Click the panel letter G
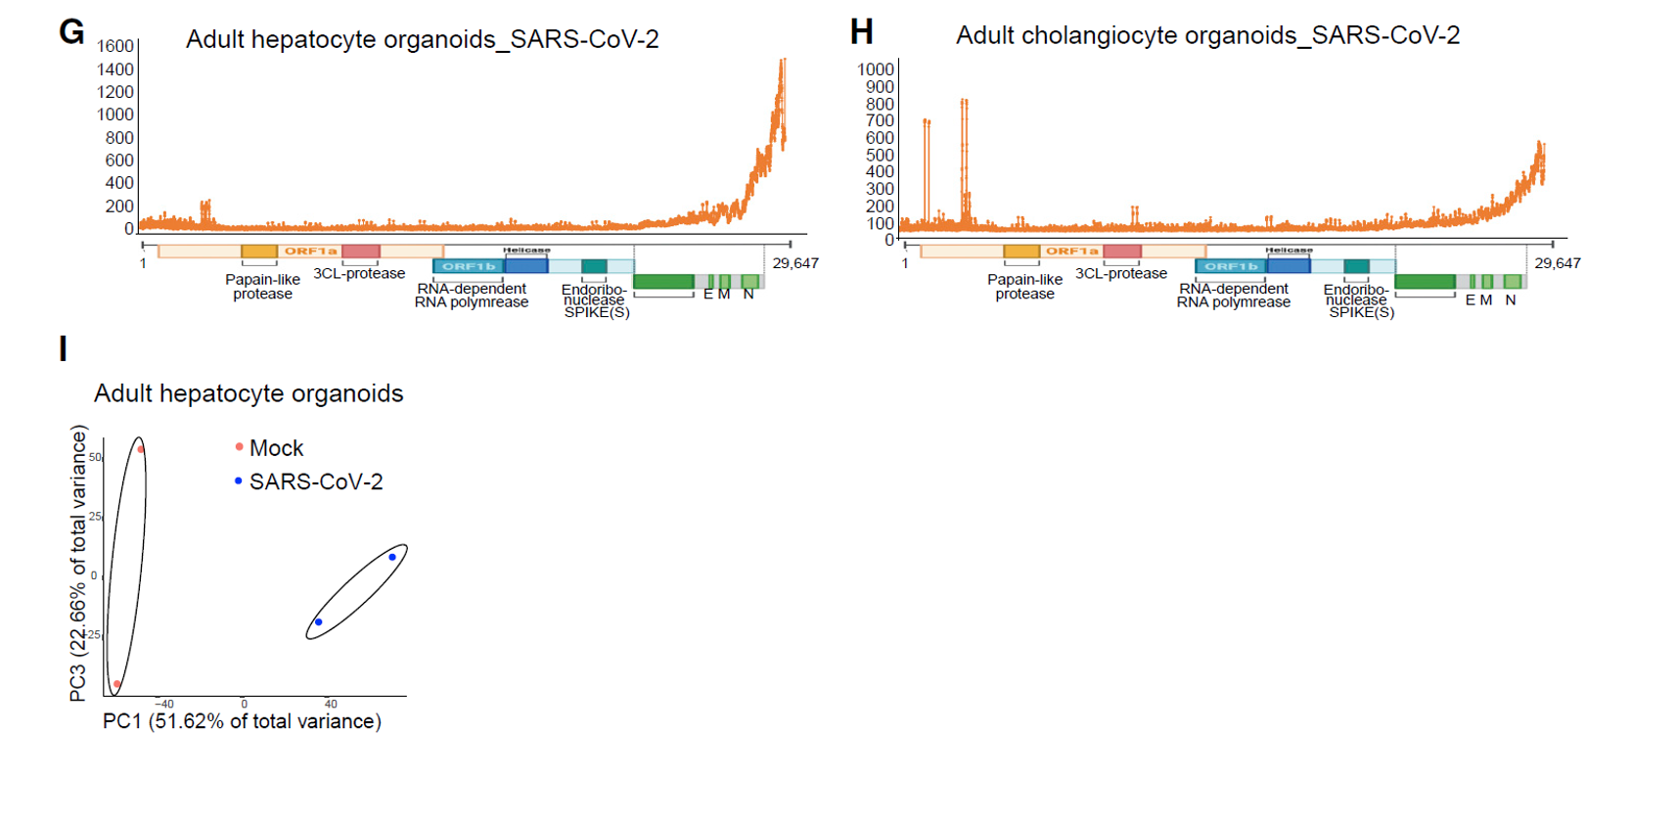coord(71,31)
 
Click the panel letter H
coord(861,32)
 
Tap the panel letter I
coord(64,348)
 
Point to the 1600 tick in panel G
coord(115,46)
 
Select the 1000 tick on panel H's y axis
coord(876,69)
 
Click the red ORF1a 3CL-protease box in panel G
coord(361,252)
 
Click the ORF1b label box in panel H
coord(1231,266)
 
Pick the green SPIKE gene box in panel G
coord(663,282)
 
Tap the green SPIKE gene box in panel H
coord(1425,282)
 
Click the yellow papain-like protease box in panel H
coord(1021,252)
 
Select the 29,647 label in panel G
coord(795,263)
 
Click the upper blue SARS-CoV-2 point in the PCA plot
coord(392,558)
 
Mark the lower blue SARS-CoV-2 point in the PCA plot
coord(318,622)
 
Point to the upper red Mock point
coord(141,450)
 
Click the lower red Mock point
coord(117,684)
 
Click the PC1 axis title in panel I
coord(242,721)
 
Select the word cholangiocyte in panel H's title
coord(1158,36)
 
